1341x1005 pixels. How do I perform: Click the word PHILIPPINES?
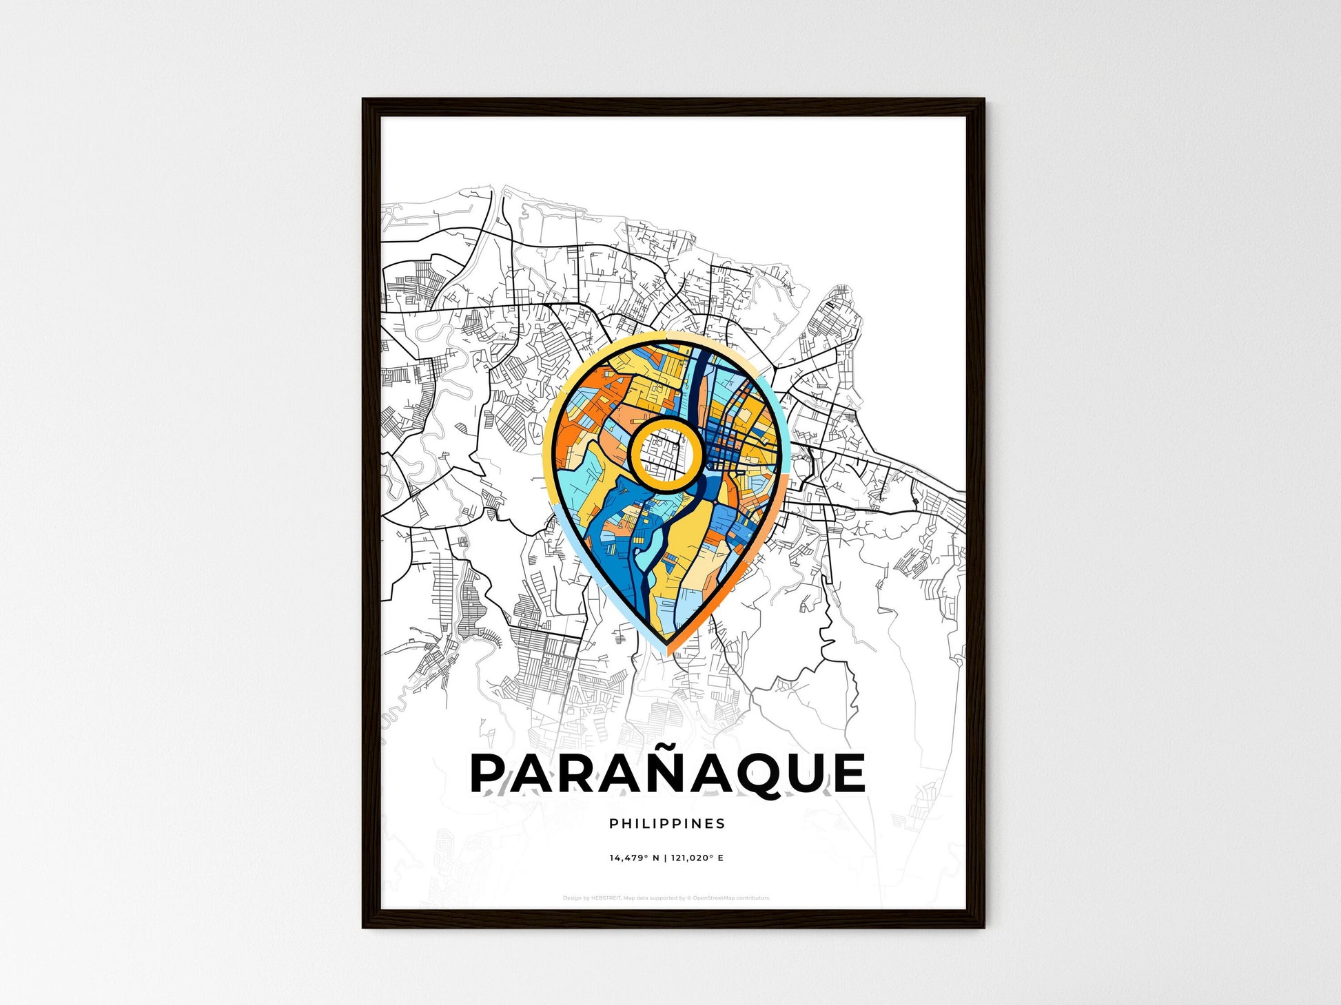click(667, 824)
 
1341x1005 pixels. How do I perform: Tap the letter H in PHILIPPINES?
click(625, 824)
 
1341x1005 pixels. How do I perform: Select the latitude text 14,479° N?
click(634, 858)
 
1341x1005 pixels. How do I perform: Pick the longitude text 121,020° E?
click(697, 858)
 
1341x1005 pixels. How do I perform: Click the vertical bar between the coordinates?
click(666, 858)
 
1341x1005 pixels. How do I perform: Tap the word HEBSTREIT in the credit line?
click(606, 898)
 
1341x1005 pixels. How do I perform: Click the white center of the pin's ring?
click(666, 453)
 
